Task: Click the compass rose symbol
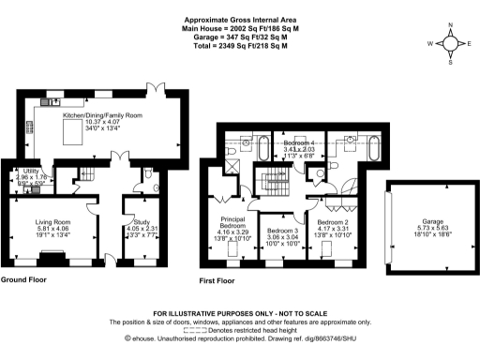(450, 41)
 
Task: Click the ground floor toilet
(151, 174)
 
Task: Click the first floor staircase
(276, 178)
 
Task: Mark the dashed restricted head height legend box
(196, 329)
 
